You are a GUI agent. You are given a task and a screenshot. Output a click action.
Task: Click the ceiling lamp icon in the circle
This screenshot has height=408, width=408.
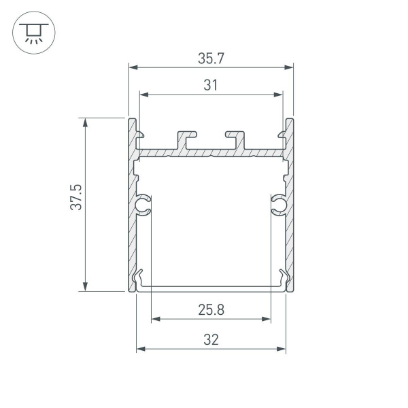coord(30,33)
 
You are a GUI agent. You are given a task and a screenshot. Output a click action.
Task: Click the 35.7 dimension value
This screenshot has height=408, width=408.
coord(211,58)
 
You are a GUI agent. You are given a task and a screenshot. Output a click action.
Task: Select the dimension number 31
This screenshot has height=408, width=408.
coord(211,85)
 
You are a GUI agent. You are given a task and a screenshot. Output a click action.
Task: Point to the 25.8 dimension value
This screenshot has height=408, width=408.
coord(211,310)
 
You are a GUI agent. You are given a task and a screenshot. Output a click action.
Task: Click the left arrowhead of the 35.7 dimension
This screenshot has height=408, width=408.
coord(133,67)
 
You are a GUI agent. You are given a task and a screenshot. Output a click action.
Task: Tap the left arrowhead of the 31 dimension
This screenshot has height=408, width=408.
coord(143,95)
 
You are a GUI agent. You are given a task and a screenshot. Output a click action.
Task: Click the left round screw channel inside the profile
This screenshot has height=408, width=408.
coord(143,205)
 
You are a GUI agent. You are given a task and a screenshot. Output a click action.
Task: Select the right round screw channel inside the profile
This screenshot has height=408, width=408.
coord(279,205)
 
